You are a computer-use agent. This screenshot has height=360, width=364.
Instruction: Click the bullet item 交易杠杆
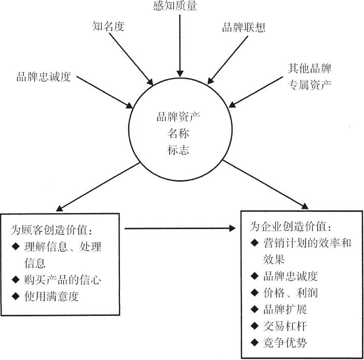coord(285,326)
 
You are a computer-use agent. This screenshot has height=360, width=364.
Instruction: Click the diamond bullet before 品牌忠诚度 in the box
coord(254,276)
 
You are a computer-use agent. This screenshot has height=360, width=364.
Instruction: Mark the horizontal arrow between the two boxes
coord(180,228)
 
